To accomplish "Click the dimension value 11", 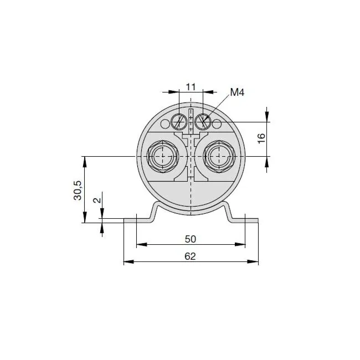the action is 191,88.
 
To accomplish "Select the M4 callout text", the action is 237,92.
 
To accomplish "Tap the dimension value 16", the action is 261,138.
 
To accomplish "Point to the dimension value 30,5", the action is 78,191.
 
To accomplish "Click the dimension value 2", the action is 97,200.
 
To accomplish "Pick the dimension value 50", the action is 191,239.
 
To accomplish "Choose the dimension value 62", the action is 191,256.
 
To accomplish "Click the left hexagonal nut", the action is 163,156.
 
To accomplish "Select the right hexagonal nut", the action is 219,156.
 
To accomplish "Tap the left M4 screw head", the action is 178,122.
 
